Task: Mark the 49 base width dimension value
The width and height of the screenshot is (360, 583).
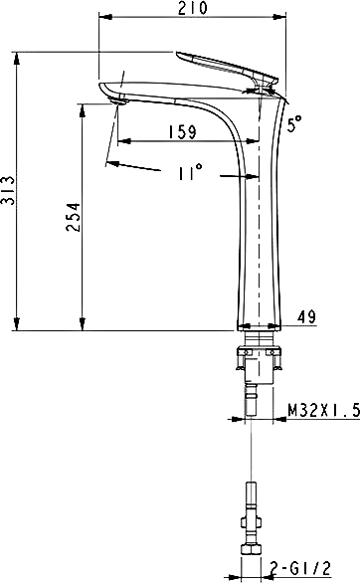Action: tap(306, 317)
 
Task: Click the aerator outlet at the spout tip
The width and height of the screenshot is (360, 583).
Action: tap(117, 97)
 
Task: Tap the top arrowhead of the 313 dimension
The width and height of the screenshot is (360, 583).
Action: tap(18, 57)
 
